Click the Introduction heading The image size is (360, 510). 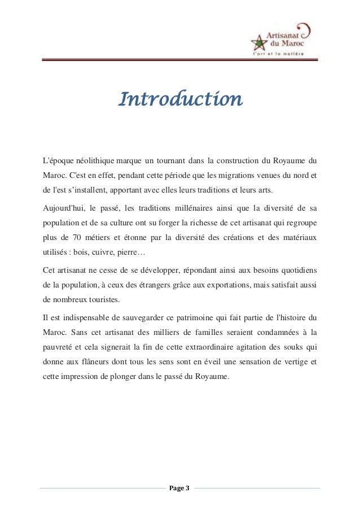pyautogui.click(x=180, y=100)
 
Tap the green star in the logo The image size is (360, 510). pyautogui.click(x=260, y=43)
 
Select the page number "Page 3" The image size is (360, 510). pyautogui.click(x=180, y=487)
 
